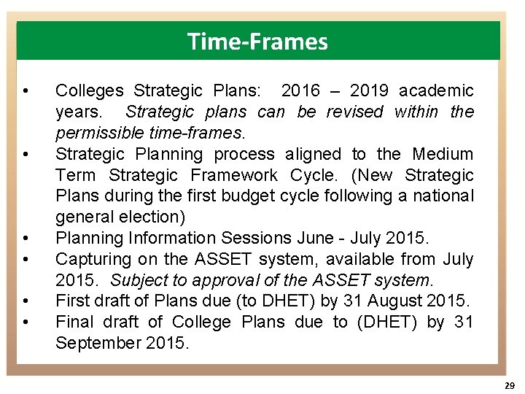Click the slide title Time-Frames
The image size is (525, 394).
click(257, 42)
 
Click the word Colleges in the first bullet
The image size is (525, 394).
click(90, 91)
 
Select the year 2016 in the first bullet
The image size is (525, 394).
click(300, 91)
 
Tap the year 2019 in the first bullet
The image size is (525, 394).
click(369, 91)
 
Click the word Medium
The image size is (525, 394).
click(443, 154)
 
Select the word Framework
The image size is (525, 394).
click(233, 175)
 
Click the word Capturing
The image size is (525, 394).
click(93, 259)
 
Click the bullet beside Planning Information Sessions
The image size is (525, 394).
click(26, 239)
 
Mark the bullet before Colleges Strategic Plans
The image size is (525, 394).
click(26, 91)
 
